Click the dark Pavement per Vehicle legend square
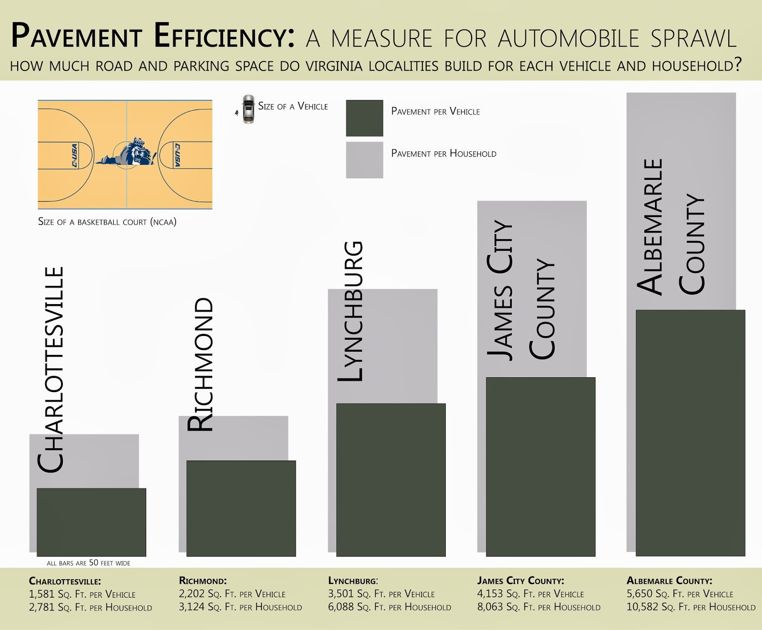pos(364,118)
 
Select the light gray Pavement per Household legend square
pos(364,160)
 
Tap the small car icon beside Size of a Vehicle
pos(248,109)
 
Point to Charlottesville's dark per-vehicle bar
pos(91,522)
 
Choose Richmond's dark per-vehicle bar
pos(241,508)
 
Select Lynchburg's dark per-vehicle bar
pos(391,480)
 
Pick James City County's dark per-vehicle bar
pos(541,466)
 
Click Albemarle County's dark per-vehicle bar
pos(690,433)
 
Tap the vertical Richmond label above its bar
pos(201,364)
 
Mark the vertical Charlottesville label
pos(50,370)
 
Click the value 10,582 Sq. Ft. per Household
pos(691,607)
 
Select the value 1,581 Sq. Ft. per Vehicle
pos(82,594)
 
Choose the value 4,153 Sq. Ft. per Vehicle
pos(531,594)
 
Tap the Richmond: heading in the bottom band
pos(202,581)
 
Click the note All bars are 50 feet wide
pos(89,563)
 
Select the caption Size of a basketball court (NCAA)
pos(107,222)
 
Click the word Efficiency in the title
pos(224,36)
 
